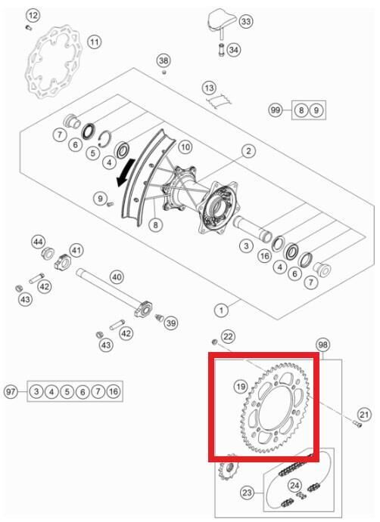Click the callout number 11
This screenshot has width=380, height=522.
click(94, 42)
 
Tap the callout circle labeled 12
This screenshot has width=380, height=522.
click(32, 15)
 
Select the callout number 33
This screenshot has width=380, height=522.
click(246, 22)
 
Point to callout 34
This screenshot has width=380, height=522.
click(233, 50)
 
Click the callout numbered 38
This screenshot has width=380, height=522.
click(164, 60)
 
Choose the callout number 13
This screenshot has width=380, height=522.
click(210, 88)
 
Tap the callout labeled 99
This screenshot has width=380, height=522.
click(276, 110)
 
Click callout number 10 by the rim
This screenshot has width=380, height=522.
click(185, 147)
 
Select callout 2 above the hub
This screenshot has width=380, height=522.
click(248, 152)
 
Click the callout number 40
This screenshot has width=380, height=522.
click(116, 277)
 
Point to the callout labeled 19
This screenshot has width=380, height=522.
click(240, 387)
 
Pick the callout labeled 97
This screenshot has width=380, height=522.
click(11, 391)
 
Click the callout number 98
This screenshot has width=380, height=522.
click(324, 344)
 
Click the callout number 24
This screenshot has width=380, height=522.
click(295, 485)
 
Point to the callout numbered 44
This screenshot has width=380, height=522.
click(38, 242)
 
